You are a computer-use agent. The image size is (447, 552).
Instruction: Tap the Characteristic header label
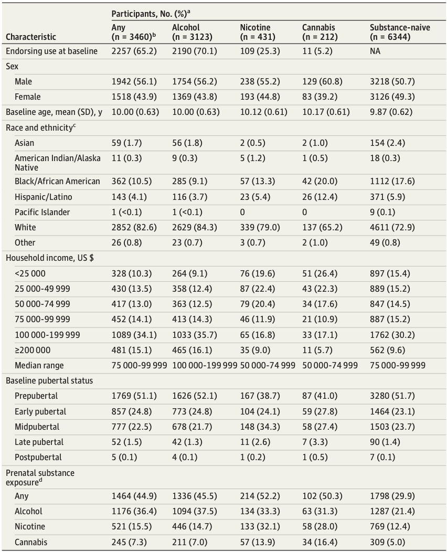pyautogui.click(x=30, y=37)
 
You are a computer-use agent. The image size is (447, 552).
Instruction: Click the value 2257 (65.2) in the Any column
pyautogui.click(x=133, y=51)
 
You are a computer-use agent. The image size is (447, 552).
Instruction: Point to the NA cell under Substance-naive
pyautogui.click(x=375, y=51)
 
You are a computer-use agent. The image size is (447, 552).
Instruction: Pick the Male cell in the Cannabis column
pyautogui.click(x=321, y=82)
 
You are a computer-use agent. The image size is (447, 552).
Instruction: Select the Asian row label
pyautogui.click(x=24, y=143)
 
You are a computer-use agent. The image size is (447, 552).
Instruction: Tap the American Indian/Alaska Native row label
pyautogui.click(x=58, y=162)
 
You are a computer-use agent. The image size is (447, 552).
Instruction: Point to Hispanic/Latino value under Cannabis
pyautogui.click(x=320, y=197)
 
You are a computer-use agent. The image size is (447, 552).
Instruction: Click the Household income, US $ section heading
pyautogui.click(x=50, y=258)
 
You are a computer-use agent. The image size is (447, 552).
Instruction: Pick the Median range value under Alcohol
pyautogui.click(x=205, y=365)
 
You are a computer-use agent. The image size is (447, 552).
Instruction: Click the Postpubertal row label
pyautogui.click(x=38, y=457)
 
